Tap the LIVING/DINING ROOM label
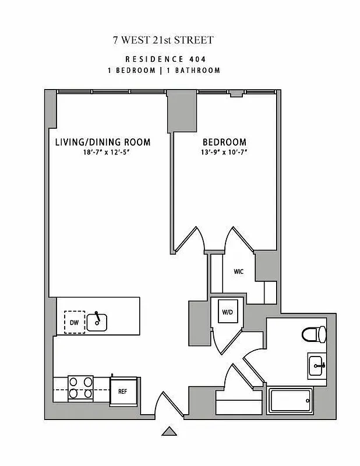pyautogui.click(x=103, y=142)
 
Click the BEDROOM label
pyautogui.click(x=224, y=142)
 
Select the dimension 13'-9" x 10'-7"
pyautogui.click(x=224, y=153)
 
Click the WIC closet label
pyautogui.click(x=239, y=271)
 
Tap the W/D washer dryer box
pyautogui.click(x=227, y=312)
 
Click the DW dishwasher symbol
pyautogui.click(x=74, y=322)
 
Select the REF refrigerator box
pyautogui.click(x=122, y=391)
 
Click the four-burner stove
pyautogui.click(x=81, y=387)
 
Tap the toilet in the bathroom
pyautogui.click(x=315, y=335)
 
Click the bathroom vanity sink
pyautogui.click(x=317, y=365)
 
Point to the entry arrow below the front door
pyautogui.click(x=169, y=432)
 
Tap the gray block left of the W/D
pyautogui.click(x=197, y=324)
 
